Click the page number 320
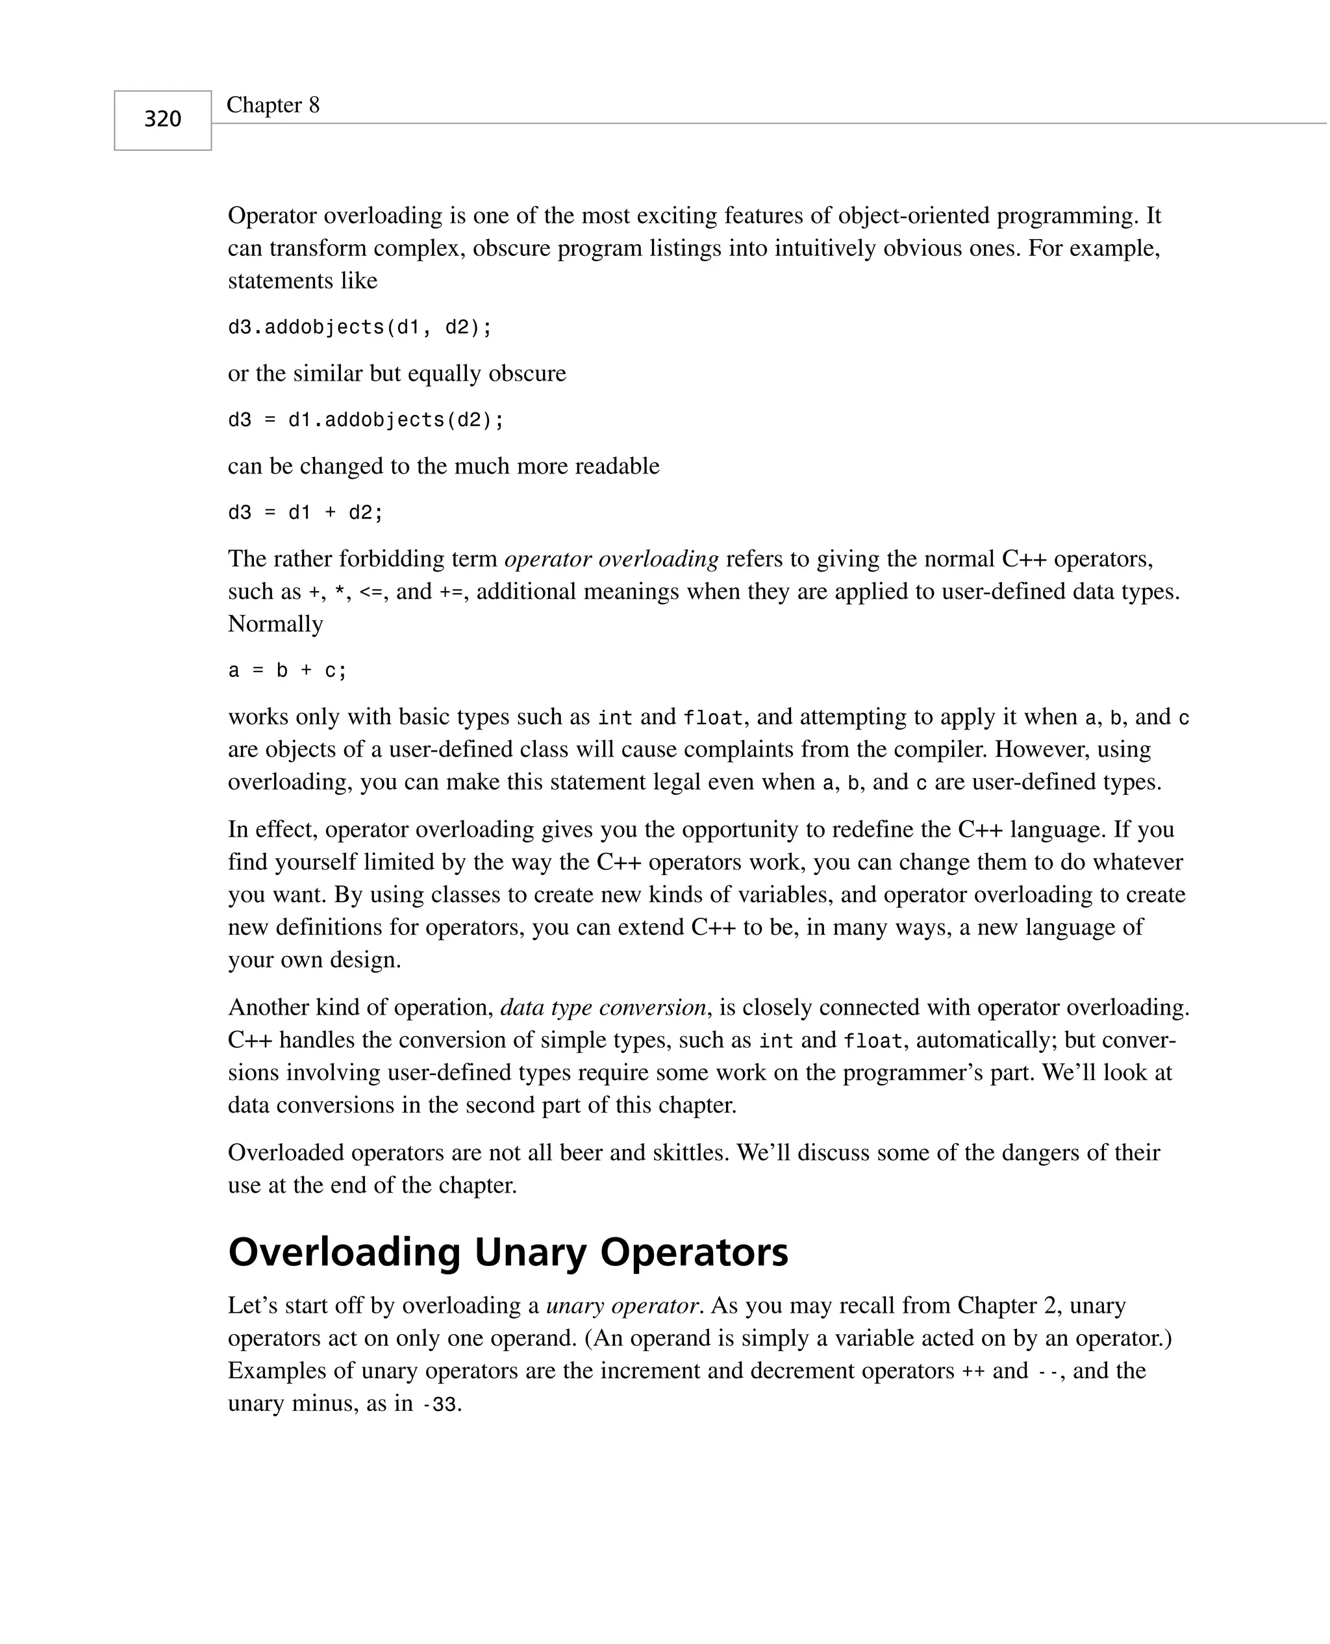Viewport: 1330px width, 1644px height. pyautogui.click(x=162, y=120)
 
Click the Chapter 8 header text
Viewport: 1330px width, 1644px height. pyautogui.click(x=273, y=105)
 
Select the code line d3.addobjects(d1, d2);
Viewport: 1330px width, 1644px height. pyautogui.click(x=359, y=328)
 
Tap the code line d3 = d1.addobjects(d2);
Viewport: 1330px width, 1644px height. pyautogui.click(x=366, y=420)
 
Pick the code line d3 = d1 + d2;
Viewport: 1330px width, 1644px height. pyautogui.click(x=305, y=512)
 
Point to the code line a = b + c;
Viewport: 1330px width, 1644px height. pyautogui.click(x=287, y=671)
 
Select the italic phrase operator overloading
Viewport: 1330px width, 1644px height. pyautogui.click(x=611, y=559)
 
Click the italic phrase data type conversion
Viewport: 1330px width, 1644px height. pyautogui.click(x=603, y=1007)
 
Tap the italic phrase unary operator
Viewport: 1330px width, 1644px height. pyautogui.click(x=622, y=1306)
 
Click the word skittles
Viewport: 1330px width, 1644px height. pyautogui.click(x=690, y=1153)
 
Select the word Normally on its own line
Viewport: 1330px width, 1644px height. pyautogui.click(x=275, y=624)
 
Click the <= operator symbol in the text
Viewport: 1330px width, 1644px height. pyautogui.click(x=371, y=593)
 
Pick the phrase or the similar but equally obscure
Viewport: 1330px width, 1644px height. pyautogui.click(x=397, y=374)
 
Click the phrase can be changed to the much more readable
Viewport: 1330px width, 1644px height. pyautogui.click(x=444, y=466)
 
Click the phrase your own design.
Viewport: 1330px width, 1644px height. pyautogui.click(x=314, y=960)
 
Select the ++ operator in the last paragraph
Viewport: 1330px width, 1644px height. pyautogui.click(x=972, y=1372)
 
